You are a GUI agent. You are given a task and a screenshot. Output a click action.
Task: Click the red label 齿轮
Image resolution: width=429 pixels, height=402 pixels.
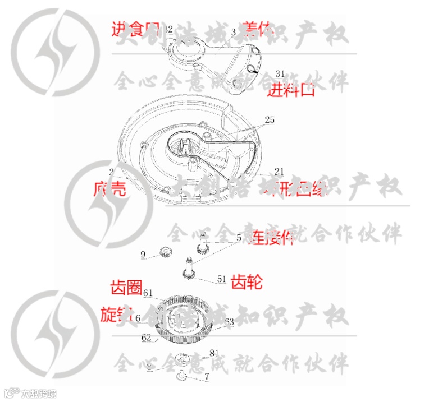[x=247, y=281]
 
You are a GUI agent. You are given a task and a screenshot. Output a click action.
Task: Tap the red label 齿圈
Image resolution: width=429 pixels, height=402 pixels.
[x=125, y=288]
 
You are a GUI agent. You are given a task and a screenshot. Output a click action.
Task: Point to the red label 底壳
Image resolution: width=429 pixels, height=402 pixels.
[x=109, y=189]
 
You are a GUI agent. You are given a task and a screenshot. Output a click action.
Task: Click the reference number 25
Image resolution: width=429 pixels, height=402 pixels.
[x=270, y=119]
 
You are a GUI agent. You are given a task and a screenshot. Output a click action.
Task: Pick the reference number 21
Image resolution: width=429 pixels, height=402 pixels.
[x=279, y=170]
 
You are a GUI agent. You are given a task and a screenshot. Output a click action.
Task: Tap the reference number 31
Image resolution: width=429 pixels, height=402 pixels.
[x=280, y=73]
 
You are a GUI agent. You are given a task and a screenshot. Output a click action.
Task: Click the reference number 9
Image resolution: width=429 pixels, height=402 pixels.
[x=143, y=255]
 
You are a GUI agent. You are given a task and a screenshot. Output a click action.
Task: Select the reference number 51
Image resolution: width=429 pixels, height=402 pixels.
[x=221, y=279]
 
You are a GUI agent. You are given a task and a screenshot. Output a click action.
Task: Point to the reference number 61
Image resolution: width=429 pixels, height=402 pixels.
[x=148, y=293]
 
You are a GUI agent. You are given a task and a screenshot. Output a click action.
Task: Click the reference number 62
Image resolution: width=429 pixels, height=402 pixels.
[x=146, y=338]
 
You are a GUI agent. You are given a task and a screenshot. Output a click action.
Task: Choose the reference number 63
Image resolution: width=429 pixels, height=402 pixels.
[x=229, y=321]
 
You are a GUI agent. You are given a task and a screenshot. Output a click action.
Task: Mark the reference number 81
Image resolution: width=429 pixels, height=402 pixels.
[x=213, y=353]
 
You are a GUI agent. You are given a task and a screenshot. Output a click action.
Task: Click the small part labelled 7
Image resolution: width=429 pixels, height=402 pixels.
[x=183, y=376]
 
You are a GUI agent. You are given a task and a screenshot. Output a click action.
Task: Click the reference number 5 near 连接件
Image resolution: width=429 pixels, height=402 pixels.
[x=239, y=238]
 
